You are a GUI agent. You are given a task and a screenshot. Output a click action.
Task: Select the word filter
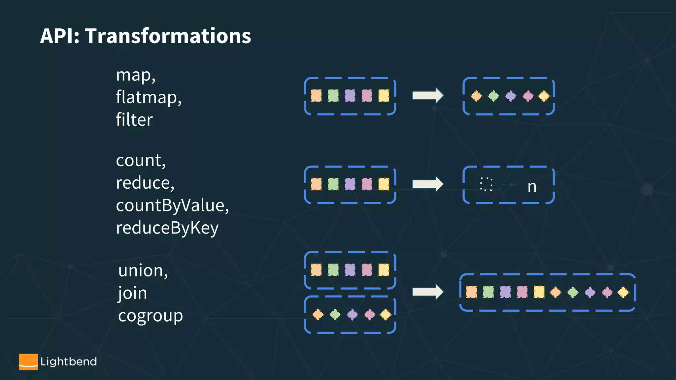click(134, 120)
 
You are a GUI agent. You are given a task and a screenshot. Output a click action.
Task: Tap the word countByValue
click(172, 206)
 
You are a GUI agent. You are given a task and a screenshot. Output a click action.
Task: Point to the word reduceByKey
click(167, 228)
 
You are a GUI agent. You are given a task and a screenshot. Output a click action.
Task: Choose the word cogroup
click(150, 316)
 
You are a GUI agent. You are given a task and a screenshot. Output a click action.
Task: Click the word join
click(133, 293)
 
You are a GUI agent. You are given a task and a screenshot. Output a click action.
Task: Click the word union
click(142, 271)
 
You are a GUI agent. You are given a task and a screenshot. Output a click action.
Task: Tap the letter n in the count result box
click(532, 187)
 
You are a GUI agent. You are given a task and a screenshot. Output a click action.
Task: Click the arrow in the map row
click(427, 96)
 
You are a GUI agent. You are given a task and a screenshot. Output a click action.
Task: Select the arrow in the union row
click(427, 292)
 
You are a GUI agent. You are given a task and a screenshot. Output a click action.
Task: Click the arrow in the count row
click(427, 184)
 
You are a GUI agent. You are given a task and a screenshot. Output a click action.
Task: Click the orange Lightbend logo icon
click(28, 362)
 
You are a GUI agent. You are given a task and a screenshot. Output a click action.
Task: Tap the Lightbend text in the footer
click(68, 362)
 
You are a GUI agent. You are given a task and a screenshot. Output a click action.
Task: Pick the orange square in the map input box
click(316, 96)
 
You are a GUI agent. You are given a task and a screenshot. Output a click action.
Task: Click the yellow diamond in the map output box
click(544, 96)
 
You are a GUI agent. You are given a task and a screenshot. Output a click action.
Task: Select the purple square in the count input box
click(350, 184)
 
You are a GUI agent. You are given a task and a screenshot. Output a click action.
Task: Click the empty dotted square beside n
click(486, 184)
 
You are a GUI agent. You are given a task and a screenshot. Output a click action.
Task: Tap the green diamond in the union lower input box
click(335, 314)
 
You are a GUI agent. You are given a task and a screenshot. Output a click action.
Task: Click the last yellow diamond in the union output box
click(623, 292)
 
